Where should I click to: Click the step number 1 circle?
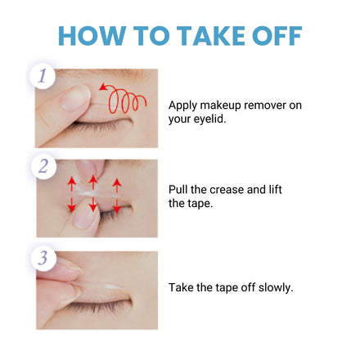coord(43,75)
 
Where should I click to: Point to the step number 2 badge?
coord(43,166)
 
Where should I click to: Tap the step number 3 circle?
coord(43,258)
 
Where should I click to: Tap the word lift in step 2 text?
coord(275,189)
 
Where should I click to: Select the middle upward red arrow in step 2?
coord(93,182)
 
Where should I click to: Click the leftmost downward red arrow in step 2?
coord(72,205)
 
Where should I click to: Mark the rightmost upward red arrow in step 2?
coord(117,186)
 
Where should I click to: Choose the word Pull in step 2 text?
coord(178,189)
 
